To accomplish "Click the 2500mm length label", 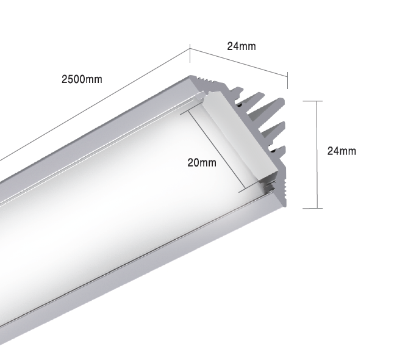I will [82, 79].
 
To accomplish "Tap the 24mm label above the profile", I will [241, 46].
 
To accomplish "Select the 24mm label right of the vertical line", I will [342, 151].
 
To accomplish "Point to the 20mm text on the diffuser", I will [201, 162].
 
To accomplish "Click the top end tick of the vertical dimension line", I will [312, 101].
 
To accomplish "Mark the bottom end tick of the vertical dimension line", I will [312, 208].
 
